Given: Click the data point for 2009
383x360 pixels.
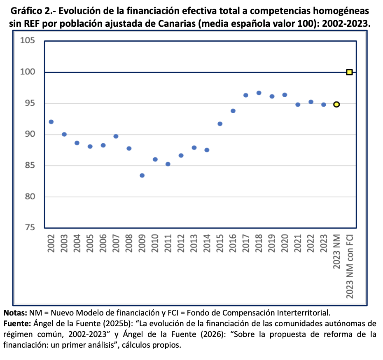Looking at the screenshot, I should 142,175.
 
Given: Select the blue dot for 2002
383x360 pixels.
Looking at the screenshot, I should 51,122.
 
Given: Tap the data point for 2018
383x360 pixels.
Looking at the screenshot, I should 259,93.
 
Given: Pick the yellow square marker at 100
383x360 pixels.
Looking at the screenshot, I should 349,72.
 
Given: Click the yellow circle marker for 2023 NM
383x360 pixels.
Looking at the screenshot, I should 336,105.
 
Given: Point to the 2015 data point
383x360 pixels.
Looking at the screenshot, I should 220,124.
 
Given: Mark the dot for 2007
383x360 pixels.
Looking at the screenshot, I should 116,136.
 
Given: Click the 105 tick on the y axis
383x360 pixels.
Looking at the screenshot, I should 27,41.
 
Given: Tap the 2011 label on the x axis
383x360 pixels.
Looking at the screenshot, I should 168,244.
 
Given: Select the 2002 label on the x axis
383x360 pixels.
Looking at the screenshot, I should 51,244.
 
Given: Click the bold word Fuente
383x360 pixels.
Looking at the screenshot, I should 16,323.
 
